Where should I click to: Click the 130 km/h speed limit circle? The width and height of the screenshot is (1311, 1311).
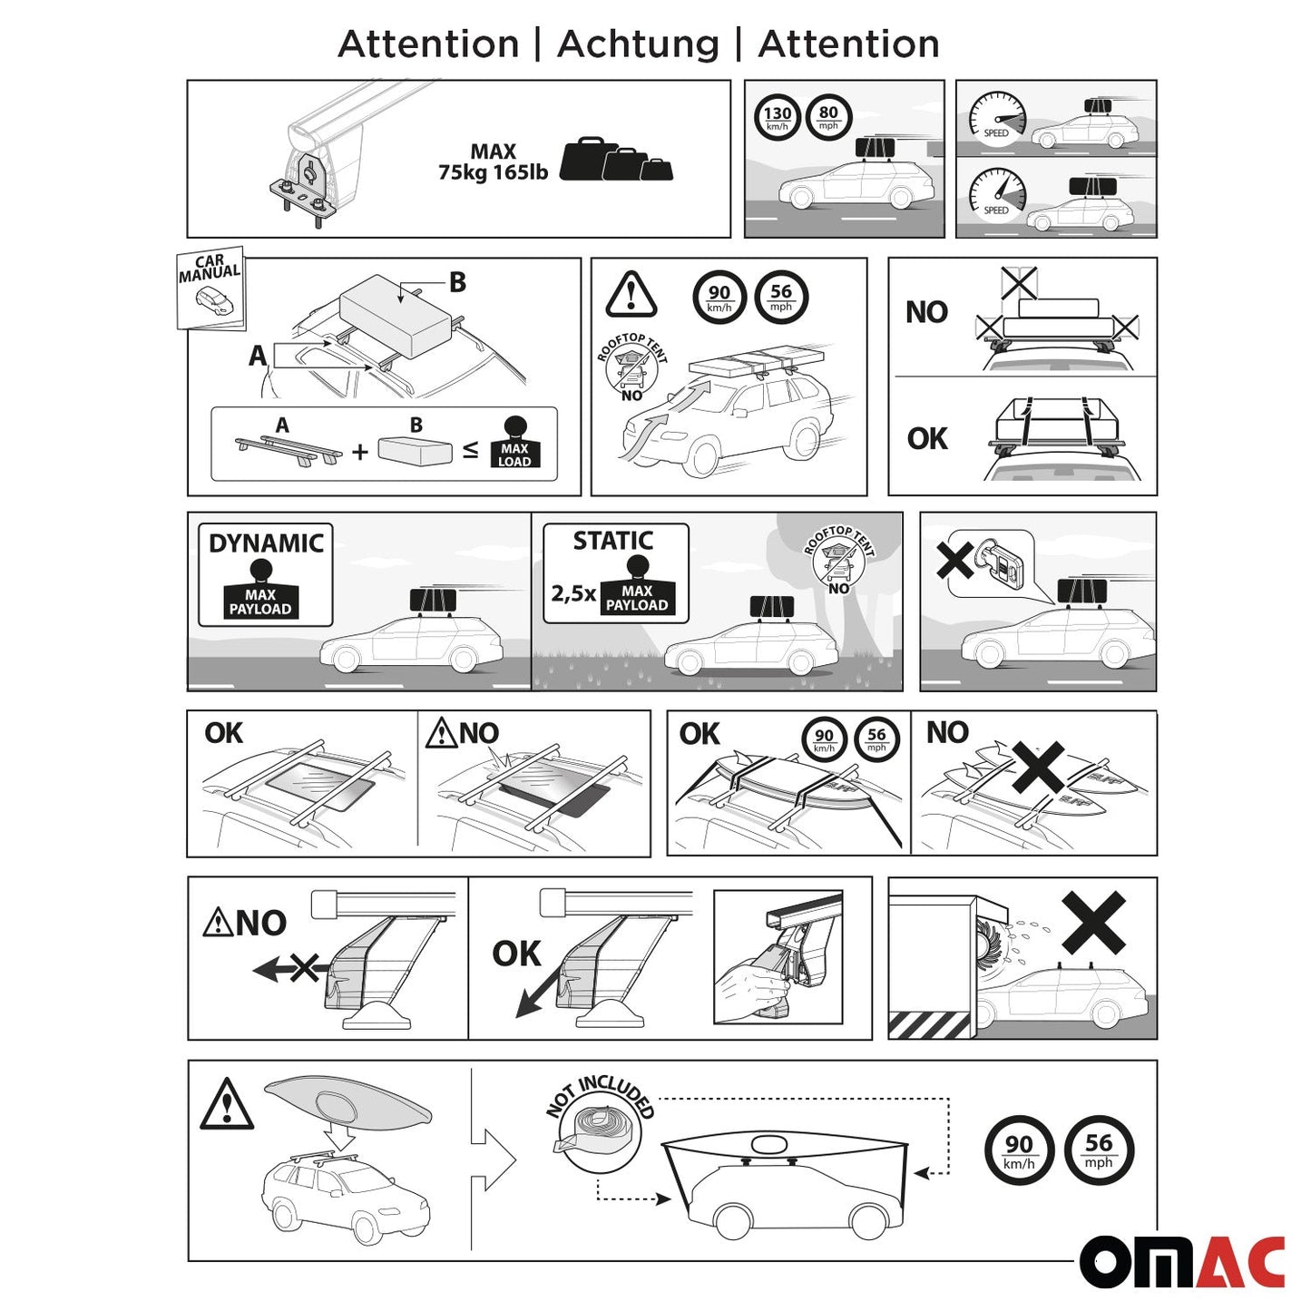(777, 117)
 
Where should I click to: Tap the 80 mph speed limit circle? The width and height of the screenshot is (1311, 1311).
(828, 117)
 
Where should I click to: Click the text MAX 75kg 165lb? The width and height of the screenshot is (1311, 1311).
(493, 162)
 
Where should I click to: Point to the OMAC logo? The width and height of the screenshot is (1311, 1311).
(1181, 1261)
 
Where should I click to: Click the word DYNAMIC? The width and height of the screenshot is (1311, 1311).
(266, 543)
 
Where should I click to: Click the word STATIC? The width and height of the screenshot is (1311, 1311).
(613, 541)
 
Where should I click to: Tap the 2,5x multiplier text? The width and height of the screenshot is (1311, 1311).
(573, 593)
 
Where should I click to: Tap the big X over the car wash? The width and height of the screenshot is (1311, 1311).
(1093, 922)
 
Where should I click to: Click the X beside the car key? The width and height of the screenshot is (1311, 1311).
(955, 560)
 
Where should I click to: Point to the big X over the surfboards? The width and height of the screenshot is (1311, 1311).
(1039, 768)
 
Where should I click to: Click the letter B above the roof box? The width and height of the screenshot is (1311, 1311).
(458, 282)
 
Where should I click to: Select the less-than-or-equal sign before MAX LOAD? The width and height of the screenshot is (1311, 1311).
(470, 449)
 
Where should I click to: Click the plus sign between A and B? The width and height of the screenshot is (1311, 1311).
(360, 451)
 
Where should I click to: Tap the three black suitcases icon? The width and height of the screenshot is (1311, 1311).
(616, 160)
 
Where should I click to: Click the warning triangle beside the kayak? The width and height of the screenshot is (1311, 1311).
(227, 1105)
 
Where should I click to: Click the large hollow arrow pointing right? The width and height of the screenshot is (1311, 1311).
(494, 1159)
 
